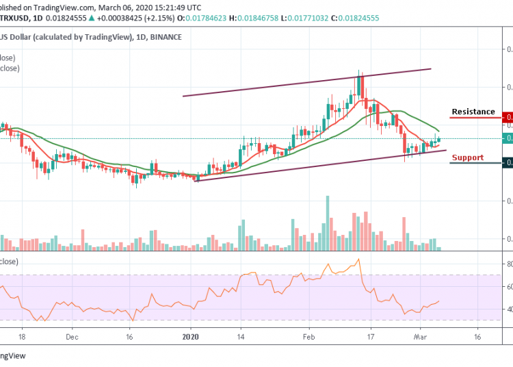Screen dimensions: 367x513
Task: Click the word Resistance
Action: pyautogui.click(x=473, y=112)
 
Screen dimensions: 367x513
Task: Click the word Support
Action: pyautogui.click(x=467, y=157)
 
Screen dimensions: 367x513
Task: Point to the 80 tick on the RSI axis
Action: pyautogui.click(x=508, y=264)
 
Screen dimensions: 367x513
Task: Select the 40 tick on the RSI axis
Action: pyautogui.click(x=508, y=309)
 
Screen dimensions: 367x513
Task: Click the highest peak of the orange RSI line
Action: pyautogui.click(x=358, y=259)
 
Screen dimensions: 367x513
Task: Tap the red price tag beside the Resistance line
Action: pyautogui.click(x=507, y=118)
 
